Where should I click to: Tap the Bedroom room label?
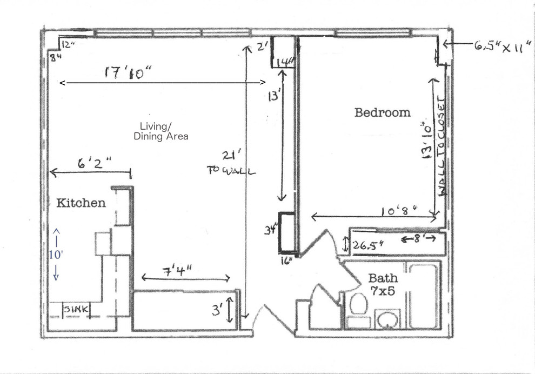click(x=382, y=112)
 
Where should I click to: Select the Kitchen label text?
click(x=81, y=203)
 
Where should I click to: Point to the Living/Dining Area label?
click(x=161, y=132)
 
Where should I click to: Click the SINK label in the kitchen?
click(x=75, y=310)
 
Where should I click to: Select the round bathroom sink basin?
click(x=387, y=319)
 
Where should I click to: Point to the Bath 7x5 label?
click(x=383, y=284)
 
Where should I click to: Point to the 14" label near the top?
click(x=285, y=62)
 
